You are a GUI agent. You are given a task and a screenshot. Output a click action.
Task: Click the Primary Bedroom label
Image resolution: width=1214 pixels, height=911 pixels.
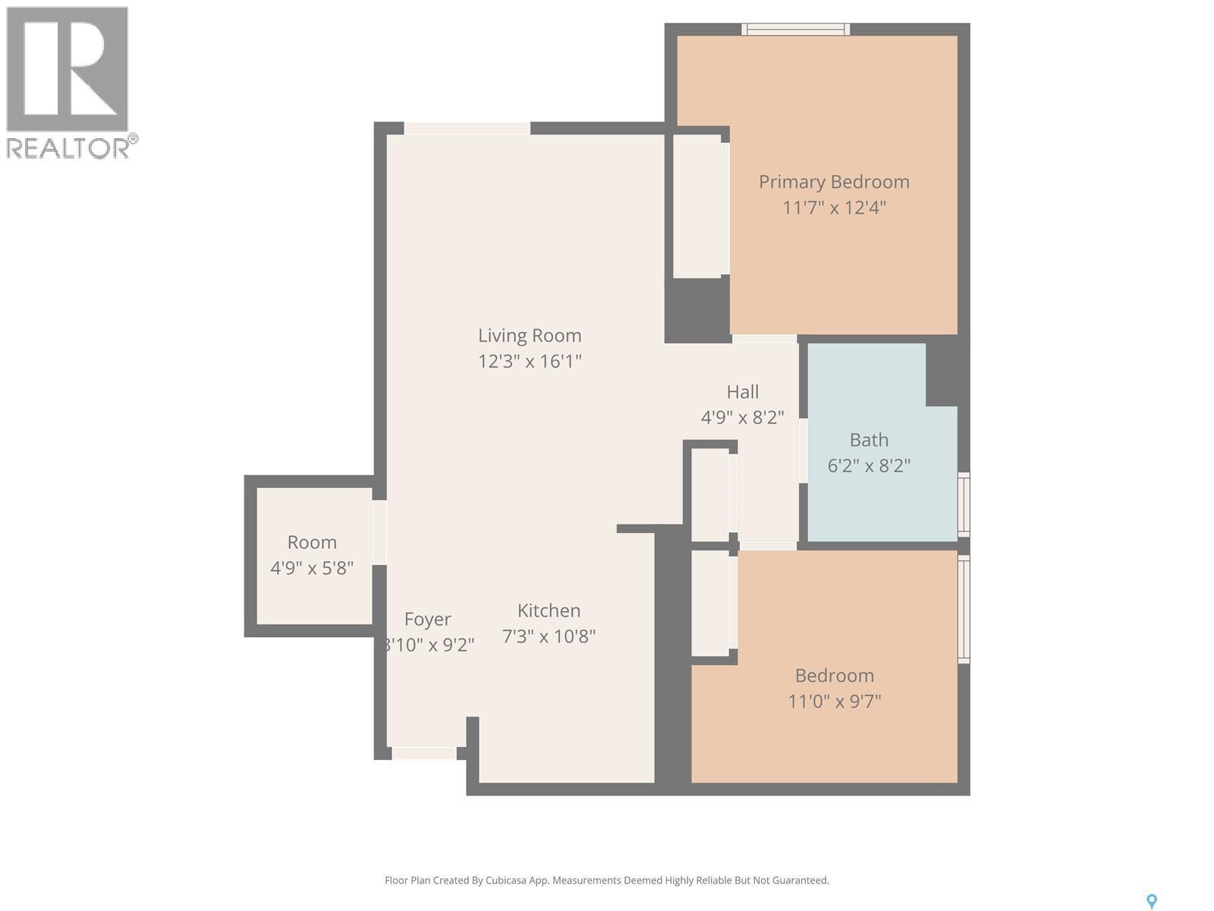tap(834, 182)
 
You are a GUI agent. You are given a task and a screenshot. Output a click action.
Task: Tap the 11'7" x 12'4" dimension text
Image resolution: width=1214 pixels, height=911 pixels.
tap(834, 207)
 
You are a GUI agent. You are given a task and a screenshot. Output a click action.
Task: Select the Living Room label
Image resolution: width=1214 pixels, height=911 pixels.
tap(530, 336)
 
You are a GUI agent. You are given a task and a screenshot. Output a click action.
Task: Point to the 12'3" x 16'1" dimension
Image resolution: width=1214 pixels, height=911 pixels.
tap(530, 361)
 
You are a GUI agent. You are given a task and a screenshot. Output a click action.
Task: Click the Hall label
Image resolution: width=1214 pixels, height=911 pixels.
tap(742, 392)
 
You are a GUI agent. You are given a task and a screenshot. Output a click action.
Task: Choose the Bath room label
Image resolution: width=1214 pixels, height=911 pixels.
tap(869, 440)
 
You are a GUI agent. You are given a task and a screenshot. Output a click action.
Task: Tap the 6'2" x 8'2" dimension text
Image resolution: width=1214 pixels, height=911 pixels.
tap(869, 465)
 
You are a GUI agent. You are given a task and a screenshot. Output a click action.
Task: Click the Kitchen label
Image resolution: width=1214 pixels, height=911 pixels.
tap(549, 610)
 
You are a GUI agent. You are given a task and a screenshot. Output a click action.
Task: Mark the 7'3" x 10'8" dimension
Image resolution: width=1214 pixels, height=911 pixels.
tap(549, 636)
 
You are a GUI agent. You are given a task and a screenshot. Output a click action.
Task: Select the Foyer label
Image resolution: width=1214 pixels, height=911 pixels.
tap(427, 619)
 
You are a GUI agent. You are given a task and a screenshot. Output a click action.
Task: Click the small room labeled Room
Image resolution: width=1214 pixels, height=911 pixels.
tap(312, 543)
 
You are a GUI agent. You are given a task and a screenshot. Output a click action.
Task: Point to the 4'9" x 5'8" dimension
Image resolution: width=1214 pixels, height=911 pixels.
tap(312, 568)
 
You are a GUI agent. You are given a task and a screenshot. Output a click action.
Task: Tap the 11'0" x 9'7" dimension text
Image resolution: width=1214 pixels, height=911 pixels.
tap(834, 701)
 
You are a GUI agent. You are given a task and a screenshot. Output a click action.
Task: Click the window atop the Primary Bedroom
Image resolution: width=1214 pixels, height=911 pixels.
tap(795, 30)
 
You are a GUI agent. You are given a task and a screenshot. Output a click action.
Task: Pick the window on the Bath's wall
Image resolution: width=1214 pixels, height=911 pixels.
tap(964, 504)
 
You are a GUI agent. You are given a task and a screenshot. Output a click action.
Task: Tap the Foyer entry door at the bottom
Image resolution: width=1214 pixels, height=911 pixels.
tap(423, 753)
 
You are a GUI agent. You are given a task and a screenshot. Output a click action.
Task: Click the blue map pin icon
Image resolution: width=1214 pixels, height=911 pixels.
tap(1151, 901)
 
